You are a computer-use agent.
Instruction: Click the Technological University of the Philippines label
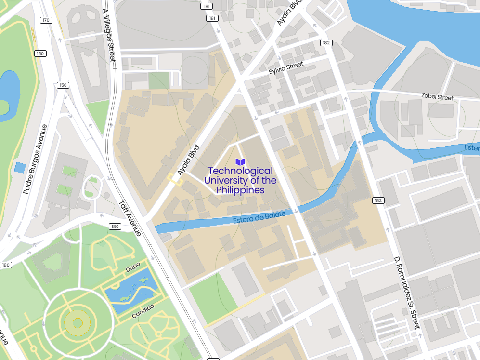coord(240,180)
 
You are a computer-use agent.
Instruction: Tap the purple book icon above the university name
coord(240,162)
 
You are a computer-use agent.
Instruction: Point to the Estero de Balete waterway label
coord(259,217)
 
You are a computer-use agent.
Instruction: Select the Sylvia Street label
coord(286,68)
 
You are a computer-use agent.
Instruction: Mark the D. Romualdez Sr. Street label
coord(407,293)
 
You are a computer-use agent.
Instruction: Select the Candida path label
coord(143,311)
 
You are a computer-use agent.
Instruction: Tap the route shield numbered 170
coord(46,20)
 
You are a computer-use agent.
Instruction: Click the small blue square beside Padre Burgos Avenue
coord(20,168)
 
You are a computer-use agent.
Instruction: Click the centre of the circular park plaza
coord(77,322)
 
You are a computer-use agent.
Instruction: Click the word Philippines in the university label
coord(240,190)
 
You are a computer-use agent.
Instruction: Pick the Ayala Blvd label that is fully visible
coord(188,160)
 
